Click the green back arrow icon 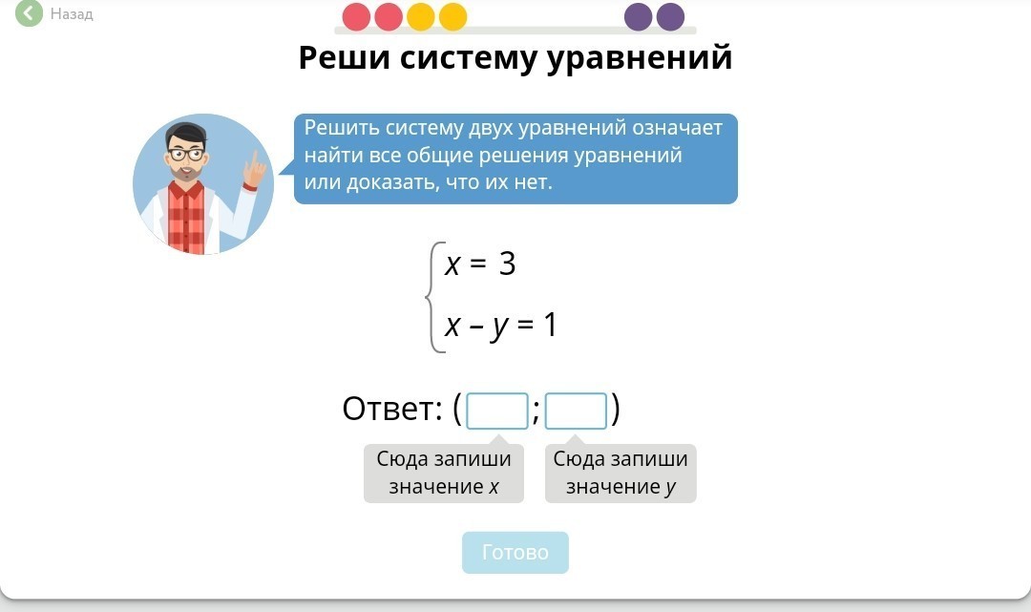point(29,12)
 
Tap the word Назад point(72,13)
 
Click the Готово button point(515,552)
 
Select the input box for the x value point(497,411)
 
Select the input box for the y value point(576,411)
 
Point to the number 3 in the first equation point(507,264)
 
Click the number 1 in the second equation point(551,325)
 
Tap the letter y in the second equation point(499,327)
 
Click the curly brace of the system point(431,297)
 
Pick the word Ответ point(392,409)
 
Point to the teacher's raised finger point(254,160)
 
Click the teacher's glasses point(187,155)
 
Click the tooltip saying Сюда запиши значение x point(444,473)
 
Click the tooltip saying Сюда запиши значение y point(621,473)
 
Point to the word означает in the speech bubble point(677,128)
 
